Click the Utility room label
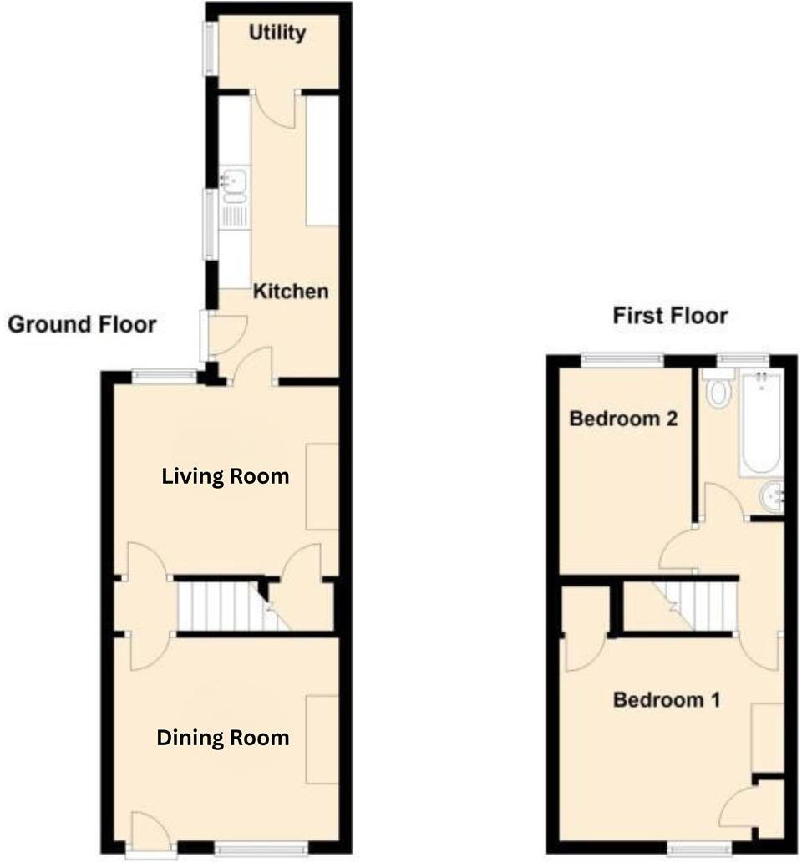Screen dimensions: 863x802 coord(277,33)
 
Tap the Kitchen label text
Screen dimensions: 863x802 coord(291,292)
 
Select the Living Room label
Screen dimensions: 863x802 coord(226,476)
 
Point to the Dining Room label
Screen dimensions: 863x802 coord(223,738)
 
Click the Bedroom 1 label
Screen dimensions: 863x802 coord(666,699)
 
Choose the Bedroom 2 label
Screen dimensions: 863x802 coord(622,418)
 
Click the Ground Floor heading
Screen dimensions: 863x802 coord(82,324)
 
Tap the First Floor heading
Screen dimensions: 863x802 coord(670,316)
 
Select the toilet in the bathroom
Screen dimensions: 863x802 coord(718,392)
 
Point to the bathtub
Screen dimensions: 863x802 coord(760,424)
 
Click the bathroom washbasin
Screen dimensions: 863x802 coord(772,498)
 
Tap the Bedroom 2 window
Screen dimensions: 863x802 coord(623,360)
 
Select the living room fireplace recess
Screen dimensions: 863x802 coord(322,486)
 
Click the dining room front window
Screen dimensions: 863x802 coord(260,849)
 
